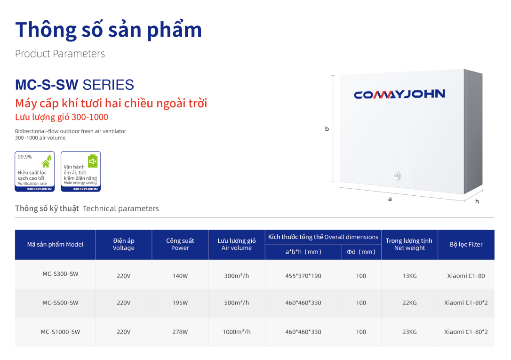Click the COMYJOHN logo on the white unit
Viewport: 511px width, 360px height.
pos(399,94)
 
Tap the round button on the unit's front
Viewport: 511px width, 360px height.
pos(396,176)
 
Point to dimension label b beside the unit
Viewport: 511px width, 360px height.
pos(327,128)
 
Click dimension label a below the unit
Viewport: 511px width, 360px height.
pos(390,199)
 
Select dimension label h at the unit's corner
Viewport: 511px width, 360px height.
pos(477,201)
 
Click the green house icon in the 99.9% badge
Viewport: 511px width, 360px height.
pos(47,161)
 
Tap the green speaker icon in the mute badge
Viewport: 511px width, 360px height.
pos(93,161)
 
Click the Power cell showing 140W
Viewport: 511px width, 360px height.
pos(180,276)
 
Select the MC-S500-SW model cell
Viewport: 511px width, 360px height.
pos(60,303)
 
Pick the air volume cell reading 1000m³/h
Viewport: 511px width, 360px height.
pos(237,332)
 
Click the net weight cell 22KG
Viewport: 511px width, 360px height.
pos(409,303)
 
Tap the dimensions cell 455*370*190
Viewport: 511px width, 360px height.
pos(303,276)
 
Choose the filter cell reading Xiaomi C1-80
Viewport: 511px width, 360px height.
pos(466,276)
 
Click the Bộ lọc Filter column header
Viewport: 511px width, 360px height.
pos(466,244)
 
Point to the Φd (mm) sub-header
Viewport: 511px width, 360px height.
pos(361,252)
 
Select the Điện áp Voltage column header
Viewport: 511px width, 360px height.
pos(123,244)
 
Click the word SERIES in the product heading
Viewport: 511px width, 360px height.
pos(108,85)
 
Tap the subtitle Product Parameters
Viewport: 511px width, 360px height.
pos(60,54)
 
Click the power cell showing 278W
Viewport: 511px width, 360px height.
pos(180,332)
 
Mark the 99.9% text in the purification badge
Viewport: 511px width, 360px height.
pos(25,157)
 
